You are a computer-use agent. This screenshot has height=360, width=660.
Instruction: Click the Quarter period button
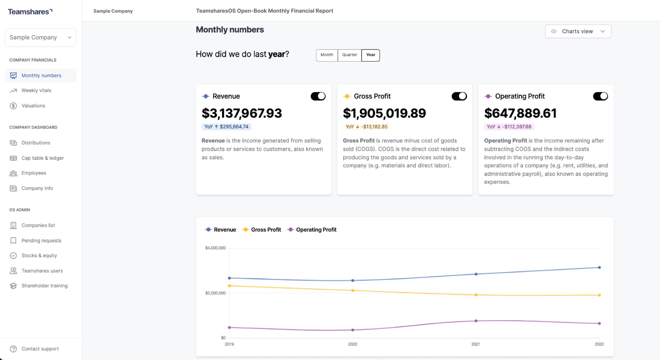pos(349,55)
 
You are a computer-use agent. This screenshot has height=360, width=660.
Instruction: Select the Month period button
pos(326,55)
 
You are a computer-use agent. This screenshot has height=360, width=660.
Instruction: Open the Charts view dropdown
pos(578,31)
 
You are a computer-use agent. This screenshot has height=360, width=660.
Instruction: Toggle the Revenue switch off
pos(318,96)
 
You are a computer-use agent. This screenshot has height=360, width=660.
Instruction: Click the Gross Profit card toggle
pos(459,96)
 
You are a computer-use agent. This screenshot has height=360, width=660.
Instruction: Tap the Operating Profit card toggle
pos(600,96)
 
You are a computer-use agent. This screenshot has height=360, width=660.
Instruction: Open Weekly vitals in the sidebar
pos(36,91)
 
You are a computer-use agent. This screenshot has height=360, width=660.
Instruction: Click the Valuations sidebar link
pos(33,106)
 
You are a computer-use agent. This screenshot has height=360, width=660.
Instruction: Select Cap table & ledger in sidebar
pos(43,158)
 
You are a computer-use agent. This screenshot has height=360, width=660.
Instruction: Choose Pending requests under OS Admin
pos(41,240)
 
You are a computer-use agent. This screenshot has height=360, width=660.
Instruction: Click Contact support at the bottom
pos(40,349)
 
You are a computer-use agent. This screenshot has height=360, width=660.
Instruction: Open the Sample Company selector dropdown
pos(41,37)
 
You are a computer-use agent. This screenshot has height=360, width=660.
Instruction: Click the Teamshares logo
pos(30,12)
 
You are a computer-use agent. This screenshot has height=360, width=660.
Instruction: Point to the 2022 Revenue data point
pos(599,268)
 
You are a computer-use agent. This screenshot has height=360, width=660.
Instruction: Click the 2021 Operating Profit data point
pos(476,321)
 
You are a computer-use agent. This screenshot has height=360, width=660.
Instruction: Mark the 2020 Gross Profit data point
pos(353,290)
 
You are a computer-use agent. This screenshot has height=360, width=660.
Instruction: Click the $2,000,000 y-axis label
pos(215,293)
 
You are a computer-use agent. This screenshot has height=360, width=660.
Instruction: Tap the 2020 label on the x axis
pos(353,344)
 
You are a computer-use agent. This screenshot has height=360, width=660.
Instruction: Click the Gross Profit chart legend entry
pos(262,229)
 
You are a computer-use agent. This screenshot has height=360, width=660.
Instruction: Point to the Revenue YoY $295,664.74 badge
pos(226,127)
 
